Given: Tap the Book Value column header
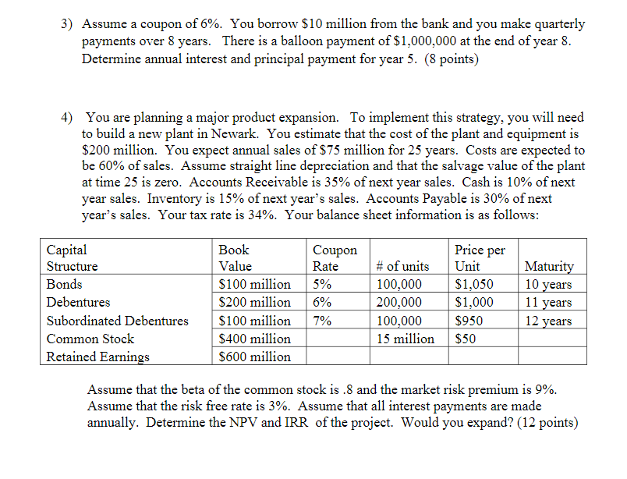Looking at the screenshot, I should pyautogui.click(x=234, y=257).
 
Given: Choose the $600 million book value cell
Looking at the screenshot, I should pyautogui.click(x=255, y=357).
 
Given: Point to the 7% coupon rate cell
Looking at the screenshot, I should pyautogui.click(x=322, y=321).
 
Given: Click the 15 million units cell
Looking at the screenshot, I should pyautogui.click(x=405, y=339).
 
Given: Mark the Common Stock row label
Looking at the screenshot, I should pyautogui.click(x=90, y=339).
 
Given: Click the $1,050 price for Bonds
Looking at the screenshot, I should pyautogui.click(x=474, y=285).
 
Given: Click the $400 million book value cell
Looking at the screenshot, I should pyautogui.click(x=255, y=339).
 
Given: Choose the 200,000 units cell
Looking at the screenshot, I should pyautogui.click(x=399, y=303).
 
